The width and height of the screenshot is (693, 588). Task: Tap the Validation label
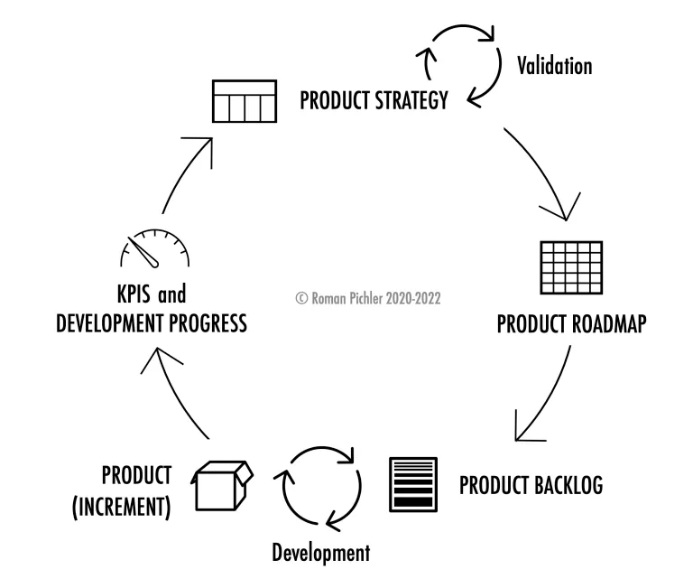[555, 66]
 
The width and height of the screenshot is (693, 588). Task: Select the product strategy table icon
[245, 101]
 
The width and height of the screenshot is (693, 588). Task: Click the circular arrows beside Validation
[458, 65]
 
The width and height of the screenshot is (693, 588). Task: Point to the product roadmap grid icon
[571, 267]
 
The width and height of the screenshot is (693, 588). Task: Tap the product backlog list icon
[413, 485]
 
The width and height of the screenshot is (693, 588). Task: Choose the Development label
[321, 553]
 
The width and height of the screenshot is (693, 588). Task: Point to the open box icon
[222, 485]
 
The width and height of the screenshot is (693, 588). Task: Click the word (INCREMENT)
[122, 507]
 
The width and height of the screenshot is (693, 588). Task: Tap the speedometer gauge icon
[154, 248]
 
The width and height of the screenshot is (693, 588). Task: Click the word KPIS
[134, 294]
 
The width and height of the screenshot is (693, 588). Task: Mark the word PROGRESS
[208, 323]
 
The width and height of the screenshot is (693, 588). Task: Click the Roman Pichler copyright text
[368, 298]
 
